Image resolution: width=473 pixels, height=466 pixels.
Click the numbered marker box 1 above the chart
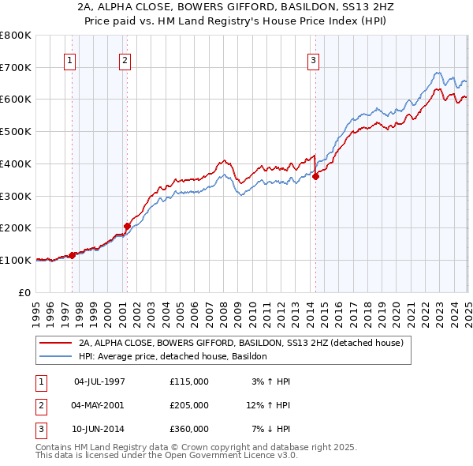[x=70, y=61]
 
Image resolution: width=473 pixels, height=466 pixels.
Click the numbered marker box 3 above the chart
[x=314, y=61]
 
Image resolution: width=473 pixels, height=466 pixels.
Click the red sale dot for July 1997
[x=72, y=255]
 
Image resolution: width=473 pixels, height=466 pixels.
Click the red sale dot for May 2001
[x=127, y=226]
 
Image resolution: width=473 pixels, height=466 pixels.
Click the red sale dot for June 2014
[x=315, y=176]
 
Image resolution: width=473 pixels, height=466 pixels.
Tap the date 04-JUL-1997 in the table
[x=99, y=381]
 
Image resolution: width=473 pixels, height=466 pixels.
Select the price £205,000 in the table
[x=188, y=405]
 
